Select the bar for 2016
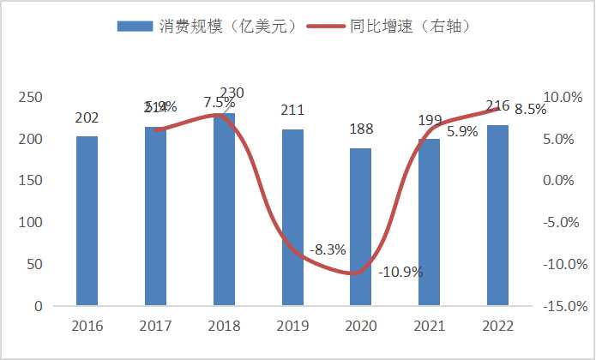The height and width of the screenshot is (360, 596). click(87, 220)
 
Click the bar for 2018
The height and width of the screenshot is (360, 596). click(224, 209)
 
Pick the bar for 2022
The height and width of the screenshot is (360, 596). click(498, 215)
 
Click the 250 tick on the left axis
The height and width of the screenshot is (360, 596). click(30, 98)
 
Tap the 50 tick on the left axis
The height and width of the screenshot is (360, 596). click(33, 264)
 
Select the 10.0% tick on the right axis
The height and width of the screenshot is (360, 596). click(563, 98)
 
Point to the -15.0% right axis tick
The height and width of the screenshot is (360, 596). click(561, 306)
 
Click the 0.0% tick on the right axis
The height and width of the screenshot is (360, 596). click(566, 181)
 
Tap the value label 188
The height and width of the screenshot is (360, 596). click(361, 129)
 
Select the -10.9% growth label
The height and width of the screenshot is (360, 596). click(401, 272)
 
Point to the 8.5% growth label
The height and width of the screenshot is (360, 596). click(532, 110)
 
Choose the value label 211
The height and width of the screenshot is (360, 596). click(292, 110)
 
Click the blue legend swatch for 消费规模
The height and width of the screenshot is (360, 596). click(135, 26)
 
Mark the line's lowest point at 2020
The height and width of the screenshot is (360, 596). click(354, 273)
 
